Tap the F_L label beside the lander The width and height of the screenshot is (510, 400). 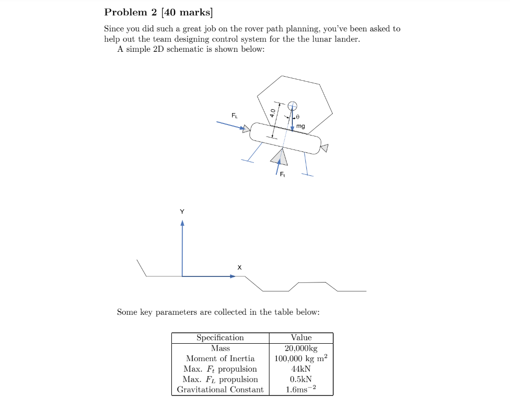[x=235, y=116]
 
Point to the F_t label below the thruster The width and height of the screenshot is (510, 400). [x=282, y=174]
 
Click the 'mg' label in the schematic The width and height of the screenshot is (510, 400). [x=300, y=127]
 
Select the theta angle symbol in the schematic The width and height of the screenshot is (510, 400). [x=298, y=117]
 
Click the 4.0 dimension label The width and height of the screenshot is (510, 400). [x=272, y=113]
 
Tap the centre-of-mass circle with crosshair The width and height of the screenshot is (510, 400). [x=293, y=105]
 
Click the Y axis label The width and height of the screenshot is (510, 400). [x=182, y=212]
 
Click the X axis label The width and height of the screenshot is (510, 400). [x=240, y=267]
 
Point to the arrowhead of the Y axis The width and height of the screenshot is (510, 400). [x=182, y=223]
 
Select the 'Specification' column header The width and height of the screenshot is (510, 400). [x=220, y=338]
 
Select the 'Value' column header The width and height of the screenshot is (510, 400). [x=301, y=338]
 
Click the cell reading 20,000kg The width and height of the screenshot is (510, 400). [x=301, y=348]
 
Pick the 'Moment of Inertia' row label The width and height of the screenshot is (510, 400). [x=220, y=359]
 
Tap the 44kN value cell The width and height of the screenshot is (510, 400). [x=301, y=369]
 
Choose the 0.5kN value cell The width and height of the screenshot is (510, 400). [x=301, y=380]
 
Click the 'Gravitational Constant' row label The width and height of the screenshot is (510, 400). [x=220, y=390]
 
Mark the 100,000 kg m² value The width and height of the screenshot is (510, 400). [x=301, y=359]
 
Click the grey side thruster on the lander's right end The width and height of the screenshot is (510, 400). [x=325, y=147]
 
